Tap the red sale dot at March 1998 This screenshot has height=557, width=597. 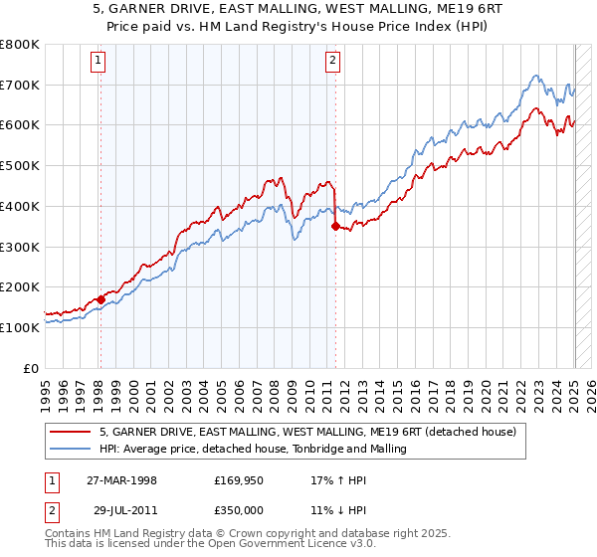pos(101,298)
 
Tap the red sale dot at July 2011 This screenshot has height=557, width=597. pos(335,227)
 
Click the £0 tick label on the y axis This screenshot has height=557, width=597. pos(32,368)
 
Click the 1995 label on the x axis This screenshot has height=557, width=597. pos(46,392)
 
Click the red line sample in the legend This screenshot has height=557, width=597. pos(70,432)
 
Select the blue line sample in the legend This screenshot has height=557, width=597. pos(70,449)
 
